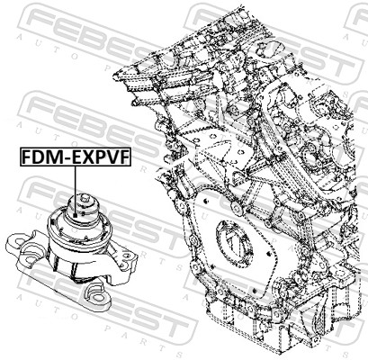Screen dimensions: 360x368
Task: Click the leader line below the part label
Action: coord(78,181)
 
